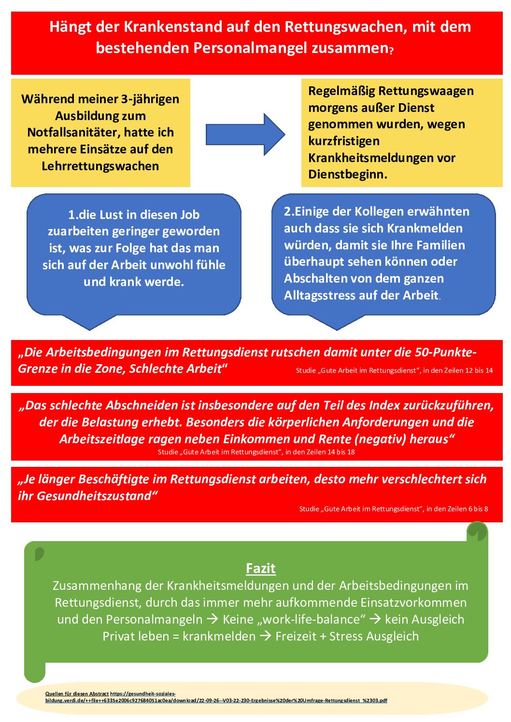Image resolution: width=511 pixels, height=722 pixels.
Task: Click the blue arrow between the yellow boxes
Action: click(245, 135)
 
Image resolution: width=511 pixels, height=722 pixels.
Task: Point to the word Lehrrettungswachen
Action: click(100, 166)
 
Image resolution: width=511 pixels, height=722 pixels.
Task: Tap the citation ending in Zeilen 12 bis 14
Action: click(394, 371)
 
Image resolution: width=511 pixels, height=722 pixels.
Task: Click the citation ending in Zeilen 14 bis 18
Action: click(256, 452)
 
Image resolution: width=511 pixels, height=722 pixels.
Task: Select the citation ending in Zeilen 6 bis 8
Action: click(393, 509)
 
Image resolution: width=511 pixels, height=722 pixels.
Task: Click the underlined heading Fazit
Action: click(260, 569)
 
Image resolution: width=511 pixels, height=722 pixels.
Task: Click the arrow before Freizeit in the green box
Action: click(265, 637)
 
